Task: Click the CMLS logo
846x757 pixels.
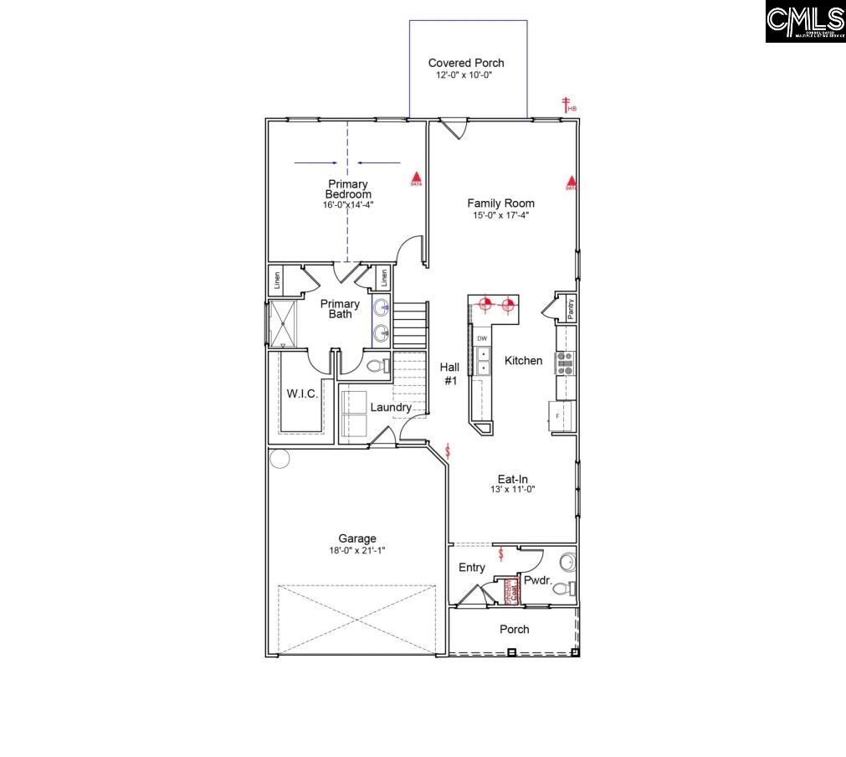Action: tap(804, 22)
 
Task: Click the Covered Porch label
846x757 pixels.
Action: tap(466, 63)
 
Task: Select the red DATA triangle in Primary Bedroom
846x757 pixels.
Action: tap(415, 178)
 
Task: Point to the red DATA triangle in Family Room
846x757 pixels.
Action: tap(572, 182)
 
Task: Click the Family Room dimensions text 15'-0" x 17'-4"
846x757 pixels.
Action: tap(500, 215)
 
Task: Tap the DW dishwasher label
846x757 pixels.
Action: tap(482, 338)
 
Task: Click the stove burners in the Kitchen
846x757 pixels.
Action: tap(567, 362)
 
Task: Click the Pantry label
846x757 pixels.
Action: tap(571, 307)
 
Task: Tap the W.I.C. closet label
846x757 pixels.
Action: tap(302, 394)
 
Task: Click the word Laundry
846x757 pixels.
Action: tap(391, 408)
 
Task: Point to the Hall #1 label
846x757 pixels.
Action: tap(450, 373)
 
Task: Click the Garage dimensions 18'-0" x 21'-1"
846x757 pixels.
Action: tap(357, 550)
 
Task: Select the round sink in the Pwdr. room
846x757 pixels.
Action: tap(567, 560)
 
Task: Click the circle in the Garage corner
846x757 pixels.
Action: tap(279, 458)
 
